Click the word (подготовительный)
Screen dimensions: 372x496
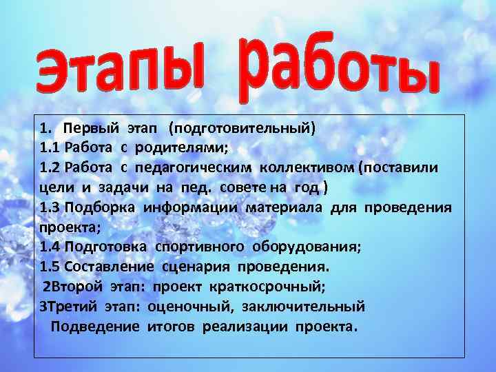(x=242, y=128)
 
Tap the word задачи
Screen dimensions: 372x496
(x=118, y=188)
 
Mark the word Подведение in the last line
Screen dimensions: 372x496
(x=95, y=326)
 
